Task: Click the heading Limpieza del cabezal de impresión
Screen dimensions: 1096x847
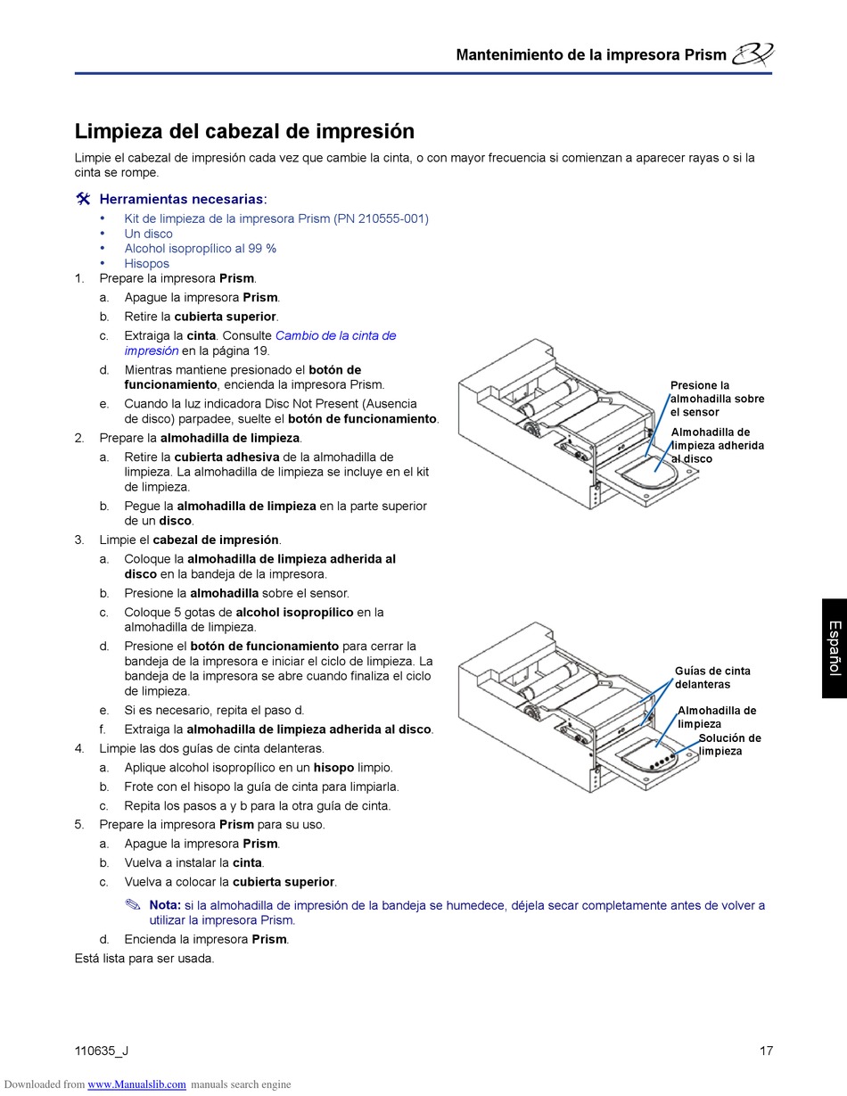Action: coord(244,131)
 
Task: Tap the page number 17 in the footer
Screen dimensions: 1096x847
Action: coord(766,1051)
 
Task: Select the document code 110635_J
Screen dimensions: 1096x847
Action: coord(102,1051)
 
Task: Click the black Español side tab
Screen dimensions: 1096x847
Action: coord(834,647)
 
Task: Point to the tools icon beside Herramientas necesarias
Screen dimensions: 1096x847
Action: coord(83,199)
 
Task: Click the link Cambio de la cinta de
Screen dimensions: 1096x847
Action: coord(335,335)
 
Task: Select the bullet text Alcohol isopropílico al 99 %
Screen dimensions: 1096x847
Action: coord(200,249)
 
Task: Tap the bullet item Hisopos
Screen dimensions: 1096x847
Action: coord(146,263)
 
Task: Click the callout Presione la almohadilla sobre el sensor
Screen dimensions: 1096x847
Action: coord(717,399)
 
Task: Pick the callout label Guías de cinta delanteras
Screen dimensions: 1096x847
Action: coord(712,678)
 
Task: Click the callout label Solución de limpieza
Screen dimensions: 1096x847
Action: coord(729,745)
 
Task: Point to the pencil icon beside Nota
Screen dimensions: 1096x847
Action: coord(133,905)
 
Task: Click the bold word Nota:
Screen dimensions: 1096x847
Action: coord(165,905)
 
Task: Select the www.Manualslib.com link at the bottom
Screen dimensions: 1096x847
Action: coord(136,1084)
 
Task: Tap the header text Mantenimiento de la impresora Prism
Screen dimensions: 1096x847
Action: coord(590,54)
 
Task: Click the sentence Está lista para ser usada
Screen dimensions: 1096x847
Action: coord(144,959)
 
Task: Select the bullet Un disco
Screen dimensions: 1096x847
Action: coord(148,234)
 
